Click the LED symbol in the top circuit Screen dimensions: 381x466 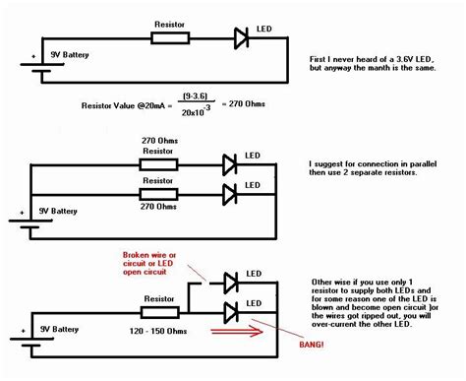[242, 38]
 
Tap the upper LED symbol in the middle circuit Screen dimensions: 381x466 [229, 163]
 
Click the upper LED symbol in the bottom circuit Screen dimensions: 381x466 [232, 284]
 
